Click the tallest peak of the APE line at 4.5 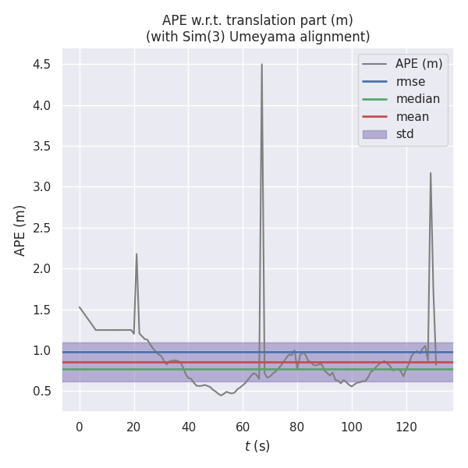[261, 65]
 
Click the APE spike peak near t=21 [136, 253]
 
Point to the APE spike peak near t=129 [430, 173]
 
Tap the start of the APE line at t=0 [80, 307]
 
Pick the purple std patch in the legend [374, 134]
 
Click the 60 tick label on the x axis [243, 427]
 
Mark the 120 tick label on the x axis [406, 427]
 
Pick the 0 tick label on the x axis [80, 427]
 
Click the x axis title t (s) [257, 446]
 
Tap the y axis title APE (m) [20, 230]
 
